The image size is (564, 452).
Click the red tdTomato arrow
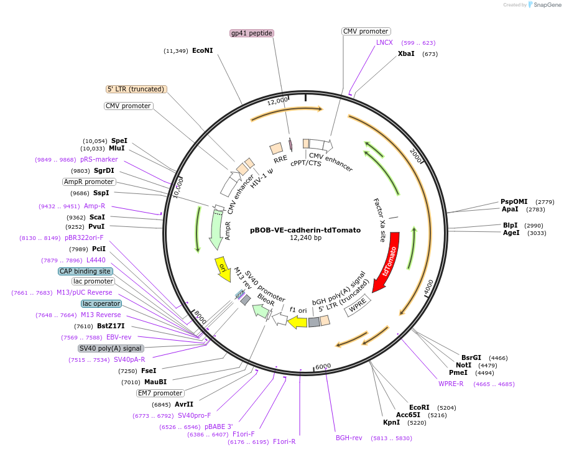click(x=388, y=262)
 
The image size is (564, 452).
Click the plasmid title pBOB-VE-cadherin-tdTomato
click(x=305, y=229)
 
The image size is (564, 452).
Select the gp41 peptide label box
click(x=252, y=33)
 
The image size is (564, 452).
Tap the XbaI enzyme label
click(x=406, y=54)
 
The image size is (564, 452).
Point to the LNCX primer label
click(x=384, y=43)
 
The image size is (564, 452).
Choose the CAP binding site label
click(x=85, y=271)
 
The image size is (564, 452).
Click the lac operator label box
click(x=101, y=303)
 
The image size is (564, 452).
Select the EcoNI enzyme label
click(x=203, y=50)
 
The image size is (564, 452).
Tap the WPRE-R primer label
click(x=451, y=384)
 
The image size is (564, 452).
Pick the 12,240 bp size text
click(x=305, y=238)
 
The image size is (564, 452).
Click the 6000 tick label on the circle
click(x=323, y=367)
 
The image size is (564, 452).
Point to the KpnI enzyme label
click(x=391, y=423)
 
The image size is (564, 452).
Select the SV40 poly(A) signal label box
click(x=111, y=348)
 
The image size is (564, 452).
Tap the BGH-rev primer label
click(x=349, y=438)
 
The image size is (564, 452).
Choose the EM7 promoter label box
click(x=160, y=393)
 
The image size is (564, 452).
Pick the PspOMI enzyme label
click(x=514, y=201)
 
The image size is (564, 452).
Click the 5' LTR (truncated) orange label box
click(x=136, y=89)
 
